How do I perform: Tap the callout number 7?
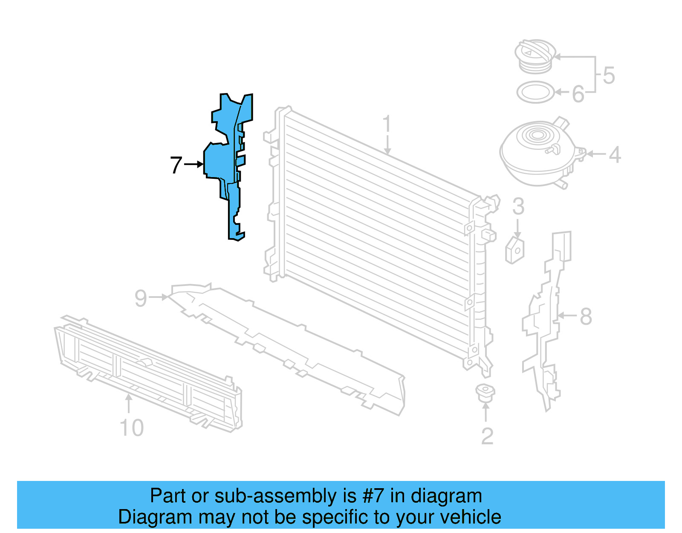[176, 165]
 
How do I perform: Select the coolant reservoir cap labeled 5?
[534, 56]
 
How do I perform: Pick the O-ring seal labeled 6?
[535, 92]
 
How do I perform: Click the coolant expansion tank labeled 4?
[539, 154]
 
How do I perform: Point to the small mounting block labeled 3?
[515, 250]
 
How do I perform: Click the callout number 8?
[586, 317]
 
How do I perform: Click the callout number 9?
[141, 298]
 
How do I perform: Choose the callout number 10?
[131, 428]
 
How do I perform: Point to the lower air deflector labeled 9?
[290, 346]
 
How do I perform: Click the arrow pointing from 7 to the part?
[194, 164]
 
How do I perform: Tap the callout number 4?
[614, 154]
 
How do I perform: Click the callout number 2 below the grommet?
[487, 436]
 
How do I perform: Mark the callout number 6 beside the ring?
[578, 94]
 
